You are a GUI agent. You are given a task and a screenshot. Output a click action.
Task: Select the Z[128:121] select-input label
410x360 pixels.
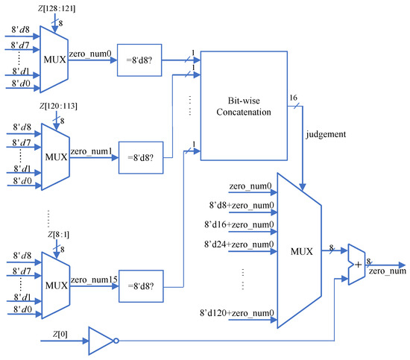pyautogui.click(x=50, y=8)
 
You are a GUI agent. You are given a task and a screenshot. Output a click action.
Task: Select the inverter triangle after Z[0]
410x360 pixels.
pyautogui.click(x=100, y=341)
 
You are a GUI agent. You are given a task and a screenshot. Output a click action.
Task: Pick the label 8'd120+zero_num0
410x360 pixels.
pyautogui.click(x=235, y=312)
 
